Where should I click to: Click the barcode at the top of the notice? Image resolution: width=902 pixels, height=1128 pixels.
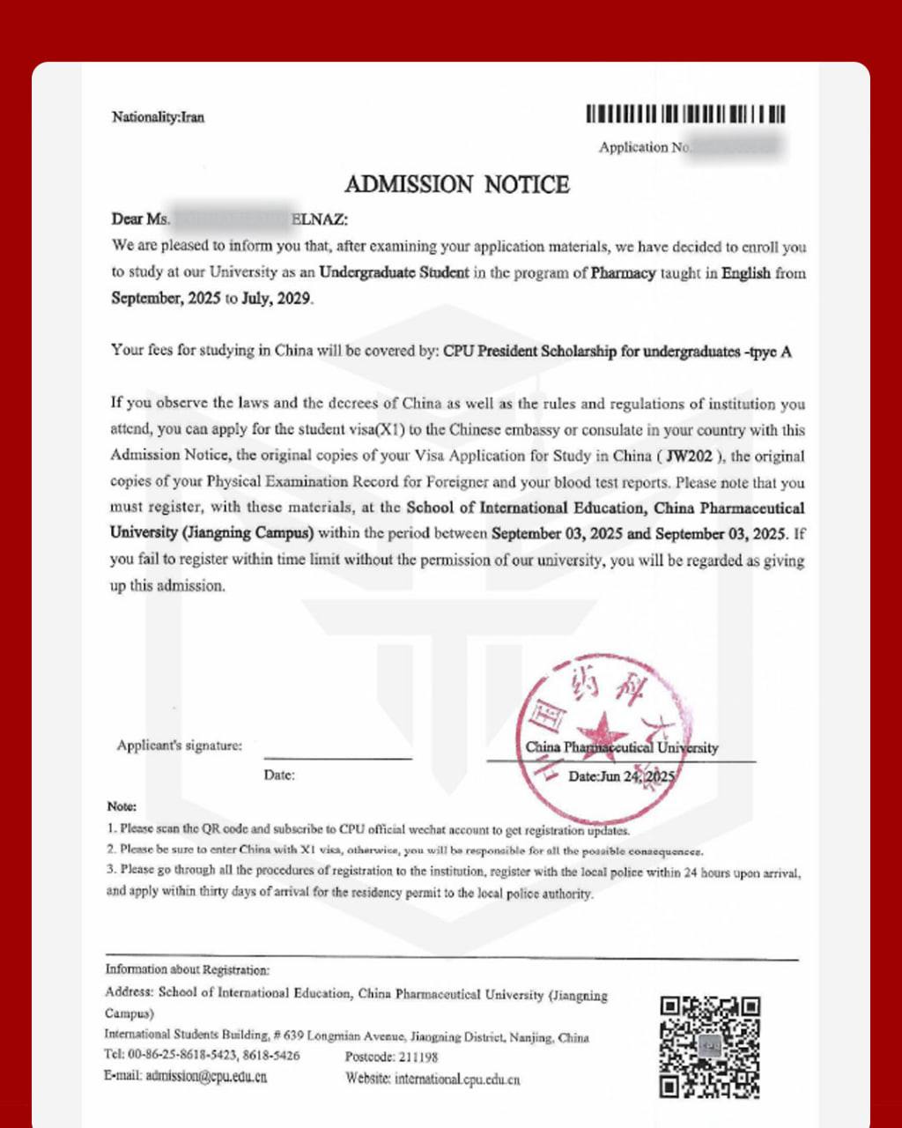(x=685, y=115)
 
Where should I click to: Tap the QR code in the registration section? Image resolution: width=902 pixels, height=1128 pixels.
(x=710, y=1046)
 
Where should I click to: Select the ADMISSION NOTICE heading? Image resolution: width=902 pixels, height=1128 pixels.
(x=456, y=184)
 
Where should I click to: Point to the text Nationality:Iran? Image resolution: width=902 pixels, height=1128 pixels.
(x=159, y=117)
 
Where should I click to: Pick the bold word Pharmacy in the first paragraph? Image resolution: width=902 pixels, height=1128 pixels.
(x=623, y=273)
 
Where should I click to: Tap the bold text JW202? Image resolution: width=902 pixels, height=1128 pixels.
(x=690, y=456)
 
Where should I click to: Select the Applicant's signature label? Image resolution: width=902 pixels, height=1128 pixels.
(x=179, y=746)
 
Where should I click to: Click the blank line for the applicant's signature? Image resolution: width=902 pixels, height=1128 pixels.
(x=337, y=756)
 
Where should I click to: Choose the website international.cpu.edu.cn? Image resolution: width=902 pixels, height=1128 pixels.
(x=457, y=1078)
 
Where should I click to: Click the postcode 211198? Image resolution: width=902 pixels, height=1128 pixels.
(x=417, y=1057)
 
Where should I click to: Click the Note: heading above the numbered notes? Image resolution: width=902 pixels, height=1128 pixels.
(x=122, y=806)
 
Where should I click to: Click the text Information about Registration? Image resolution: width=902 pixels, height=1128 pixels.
(x=188, y=969)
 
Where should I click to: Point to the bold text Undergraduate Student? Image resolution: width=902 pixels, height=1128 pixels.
(x=394, y=273)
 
